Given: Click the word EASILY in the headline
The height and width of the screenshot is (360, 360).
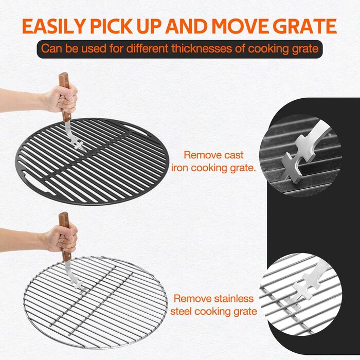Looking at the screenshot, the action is click(x=54, y=26).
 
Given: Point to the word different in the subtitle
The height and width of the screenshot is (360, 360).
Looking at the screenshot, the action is click(x=147, y=48).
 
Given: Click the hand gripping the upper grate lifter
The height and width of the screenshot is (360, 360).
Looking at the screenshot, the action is click(x=61, y=99).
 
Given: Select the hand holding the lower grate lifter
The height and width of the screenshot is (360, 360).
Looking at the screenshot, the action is click(x=61, y=239).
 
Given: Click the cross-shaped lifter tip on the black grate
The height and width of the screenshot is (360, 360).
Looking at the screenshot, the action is click(x=79, y=145).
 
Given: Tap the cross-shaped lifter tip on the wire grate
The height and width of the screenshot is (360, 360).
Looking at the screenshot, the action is click(x=77, y=285).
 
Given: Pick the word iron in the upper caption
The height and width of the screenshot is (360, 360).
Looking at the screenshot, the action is click(x=180, y=168).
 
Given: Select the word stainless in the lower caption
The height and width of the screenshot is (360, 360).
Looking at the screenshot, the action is click(x=233, y=299).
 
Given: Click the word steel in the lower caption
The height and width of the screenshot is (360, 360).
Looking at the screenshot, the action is click(x=181, y=312).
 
